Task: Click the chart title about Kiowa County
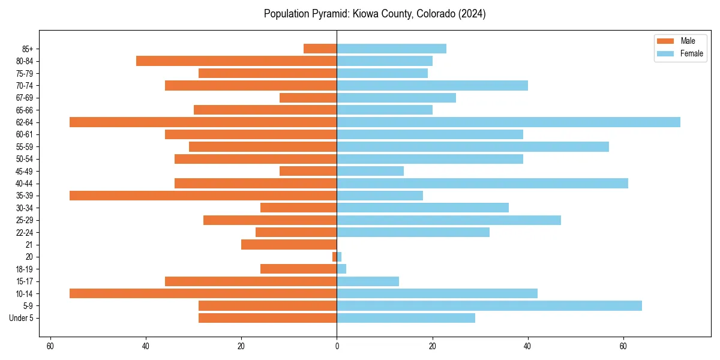[x=374, y=14]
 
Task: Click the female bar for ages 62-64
[x=508, y=122]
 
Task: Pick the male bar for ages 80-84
[x=236, y=61]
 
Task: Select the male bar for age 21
[x=289, y=245]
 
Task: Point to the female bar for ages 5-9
[x=489, y=306]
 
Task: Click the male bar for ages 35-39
[x=203, y=196]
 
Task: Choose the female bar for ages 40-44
[x=482, y=184]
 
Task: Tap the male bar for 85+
[x=320, y=49]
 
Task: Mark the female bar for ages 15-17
[x=368, y=281]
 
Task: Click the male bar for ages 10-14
[x=203, y=293]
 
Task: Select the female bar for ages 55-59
[x=473, y=147]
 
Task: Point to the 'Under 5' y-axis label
[x=21, y=318]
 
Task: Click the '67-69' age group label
[x=25, y=98]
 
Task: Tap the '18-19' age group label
[x=25, y=269]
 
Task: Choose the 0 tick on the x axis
[x=337, y=346]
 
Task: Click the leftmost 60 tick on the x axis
[x=50, y=346]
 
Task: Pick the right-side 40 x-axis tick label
[x=528, y=346]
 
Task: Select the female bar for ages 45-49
[x=370, y=171]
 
